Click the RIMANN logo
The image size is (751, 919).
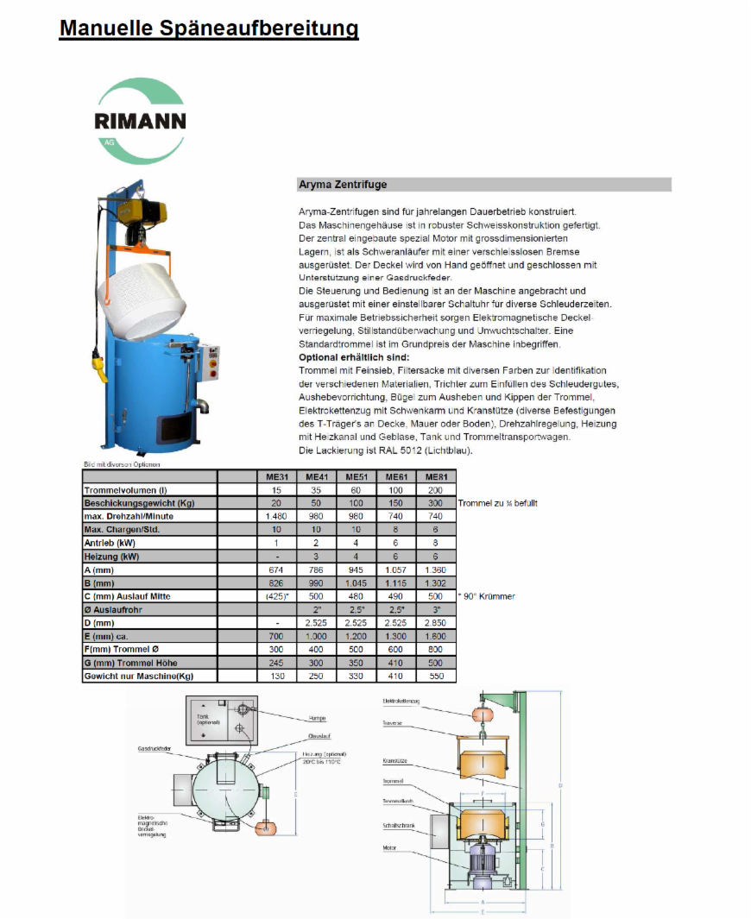140,121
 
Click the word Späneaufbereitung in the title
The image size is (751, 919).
259,28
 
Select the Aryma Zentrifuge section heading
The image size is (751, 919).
343,185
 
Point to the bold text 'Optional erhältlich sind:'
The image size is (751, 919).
354,357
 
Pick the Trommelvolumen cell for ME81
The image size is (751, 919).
436,490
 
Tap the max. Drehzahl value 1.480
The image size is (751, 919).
276,516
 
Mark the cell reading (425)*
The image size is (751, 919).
276,596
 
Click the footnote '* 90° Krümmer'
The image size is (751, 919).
486,596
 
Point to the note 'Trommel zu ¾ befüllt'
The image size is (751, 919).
497,503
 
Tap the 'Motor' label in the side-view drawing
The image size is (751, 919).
389,847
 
